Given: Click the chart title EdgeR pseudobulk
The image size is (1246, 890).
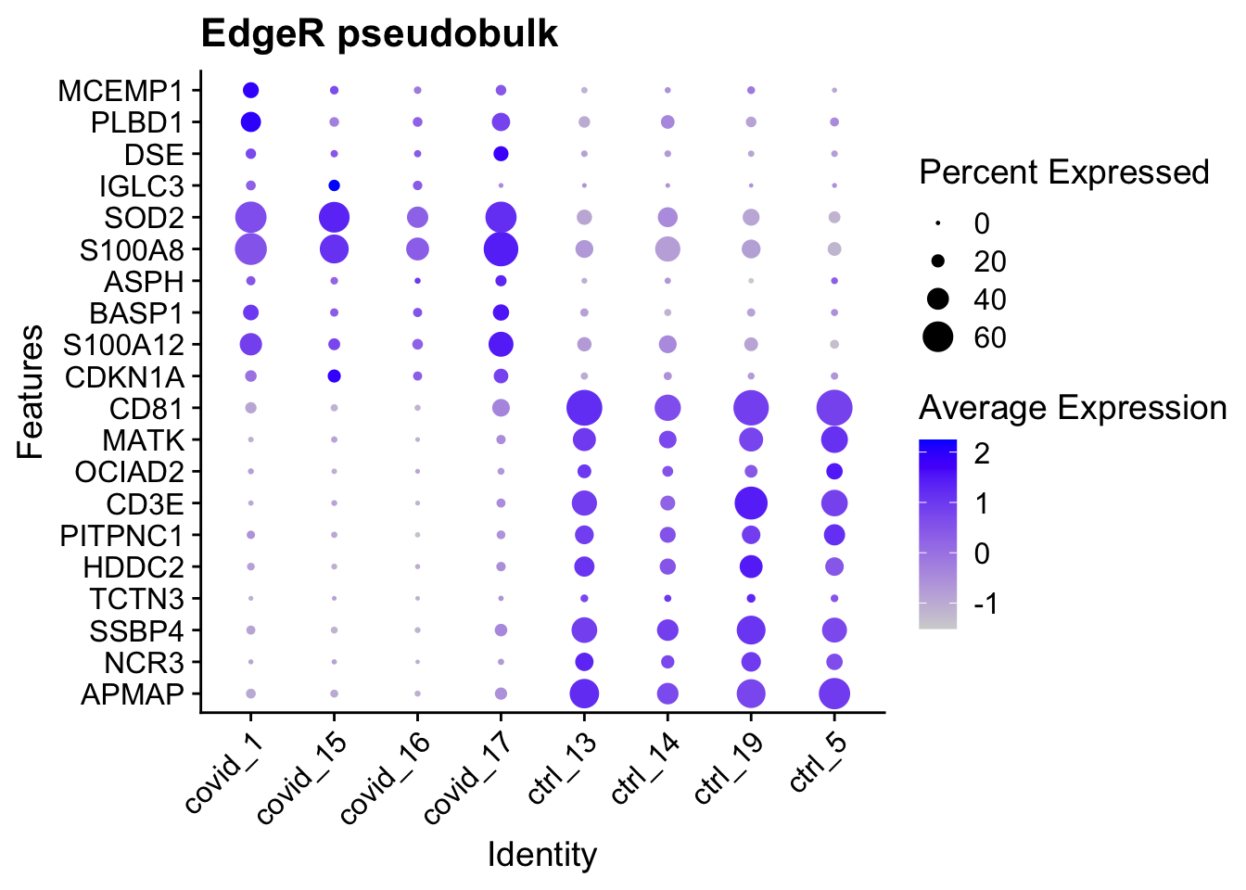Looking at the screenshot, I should point(379,34).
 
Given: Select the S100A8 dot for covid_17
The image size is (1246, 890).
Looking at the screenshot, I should point(501,249).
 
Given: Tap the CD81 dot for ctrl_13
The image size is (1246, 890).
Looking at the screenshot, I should point(584,408).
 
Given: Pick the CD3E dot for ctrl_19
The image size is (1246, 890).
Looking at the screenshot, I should point(751,503).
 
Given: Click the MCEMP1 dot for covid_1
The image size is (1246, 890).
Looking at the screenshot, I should point(250,90).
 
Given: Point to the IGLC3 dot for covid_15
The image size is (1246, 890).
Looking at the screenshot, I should point(334,185).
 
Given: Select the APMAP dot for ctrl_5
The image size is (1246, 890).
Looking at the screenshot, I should point(834,693).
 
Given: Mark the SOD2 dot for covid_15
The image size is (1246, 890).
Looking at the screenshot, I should point(334,218).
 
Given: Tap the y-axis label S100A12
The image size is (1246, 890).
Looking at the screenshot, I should point(123,346).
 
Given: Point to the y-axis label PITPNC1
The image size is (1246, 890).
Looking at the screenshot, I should point(121,536).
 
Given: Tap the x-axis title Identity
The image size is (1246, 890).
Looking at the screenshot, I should point(542,854).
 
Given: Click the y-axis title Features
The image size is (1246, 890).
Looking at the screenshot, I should point(32,391).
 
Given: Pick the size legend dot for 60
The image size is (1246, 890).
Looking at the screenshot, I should point(938,337).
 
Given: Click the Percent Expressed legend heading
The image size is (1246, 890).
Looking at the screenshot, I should point(1063,172).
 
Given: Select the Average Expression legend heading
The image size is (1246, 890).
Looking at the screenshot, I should point(1073,408).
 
